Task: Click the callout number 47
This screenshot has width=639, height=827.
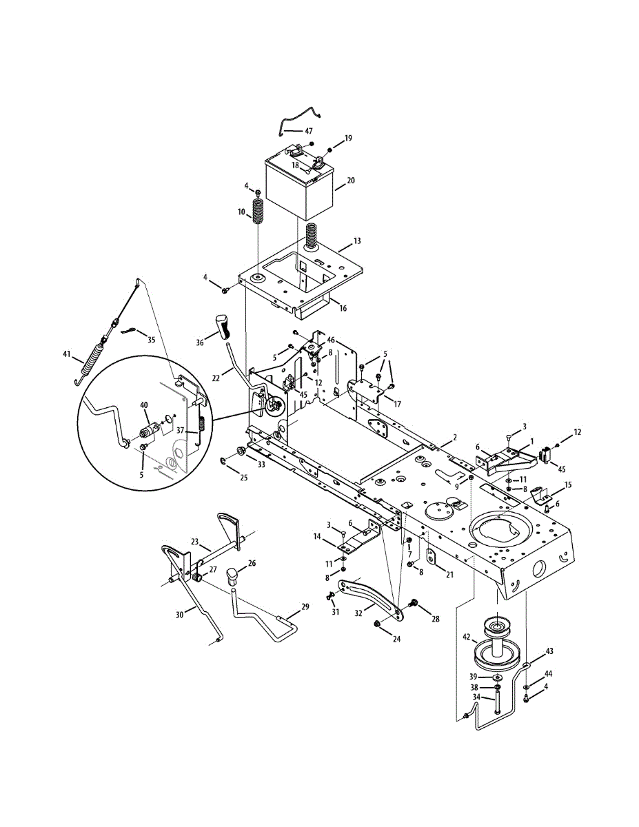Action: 308,130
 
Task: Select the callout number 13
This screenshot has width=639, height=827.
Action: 357,241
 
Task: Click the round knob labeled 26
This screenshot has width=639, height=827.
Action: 235,574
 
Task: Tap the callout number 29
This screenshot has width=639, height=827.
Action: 305,606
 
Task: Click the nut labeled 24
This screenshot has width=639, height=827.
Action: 378,624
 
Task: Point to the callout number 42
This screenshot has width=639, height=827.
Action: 466,637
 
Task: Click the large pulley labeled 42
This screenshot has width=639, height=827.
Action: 496,653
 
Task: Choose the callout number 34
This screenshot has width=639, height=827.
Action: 476,698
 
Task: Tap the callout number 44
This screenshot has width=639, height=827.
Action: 549,673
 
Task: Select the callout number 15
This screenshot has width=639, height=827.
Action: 568,485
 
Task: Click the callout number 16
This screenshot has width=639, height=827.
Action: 343,308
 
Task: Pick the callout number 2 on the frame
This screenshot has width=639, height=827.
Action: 454,437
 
